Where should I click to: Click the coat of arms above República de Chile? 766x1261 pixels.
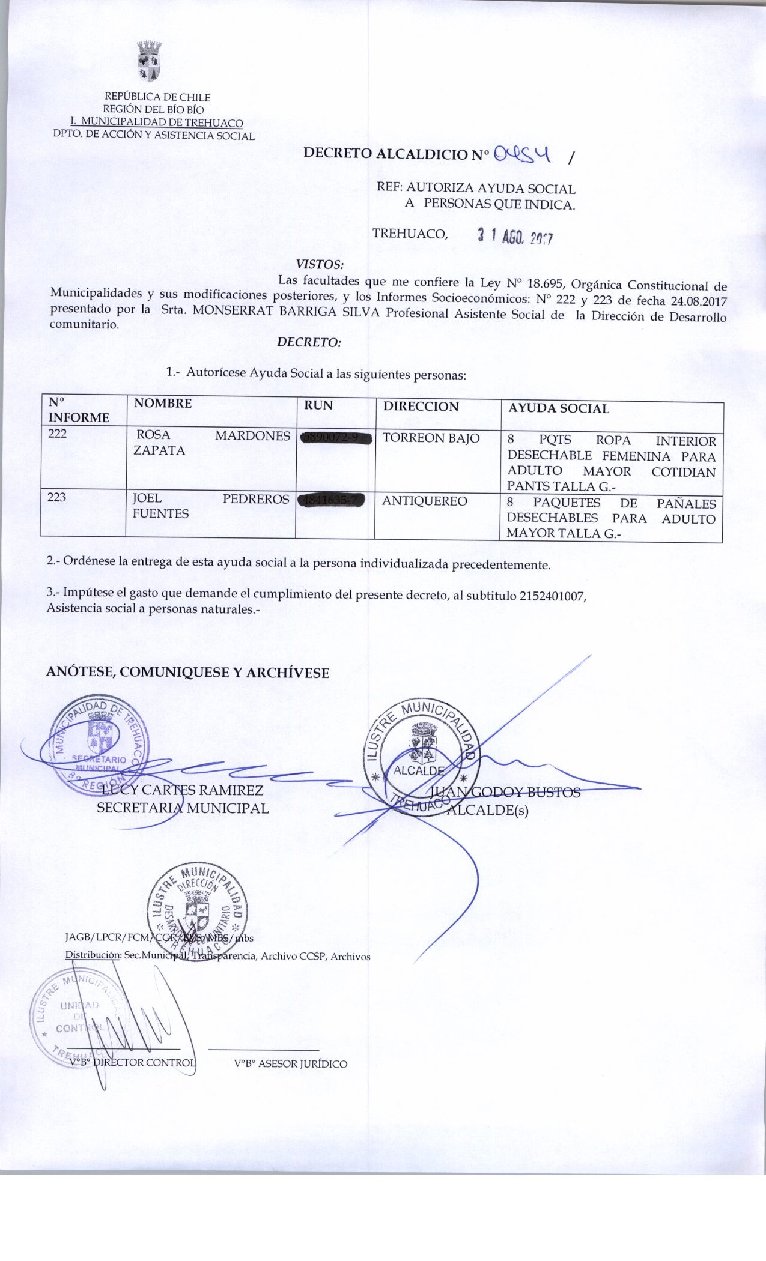[149, 61]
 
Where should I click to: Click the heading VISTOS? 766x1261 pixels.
[320, 264]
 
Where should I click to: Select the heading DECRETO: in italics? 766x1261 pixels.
[309, 342]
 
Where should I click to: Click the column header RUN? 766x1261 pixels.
[318, 405]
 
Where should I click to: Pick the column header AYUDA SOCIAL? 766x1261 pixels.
[558, 409]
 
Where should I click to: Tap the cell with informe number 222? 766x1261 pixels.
[58, 434]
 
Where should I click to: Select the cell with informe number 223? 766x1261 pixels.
[56, 497]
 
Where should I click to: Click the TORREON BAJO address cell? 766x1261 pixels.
[431, 438]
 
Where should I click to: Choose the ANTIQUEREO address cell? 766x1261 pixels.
[424, 501]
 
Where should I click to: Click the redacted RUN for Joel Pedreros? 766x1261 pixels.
[332, 500]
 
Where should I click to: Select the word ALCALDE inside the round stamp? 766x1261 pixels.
[419, 771]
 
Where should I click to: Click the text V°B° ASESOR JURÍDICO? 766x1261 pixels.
[291, 1064]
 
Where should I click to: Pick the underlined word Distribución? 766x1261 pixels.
[93, 955]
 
